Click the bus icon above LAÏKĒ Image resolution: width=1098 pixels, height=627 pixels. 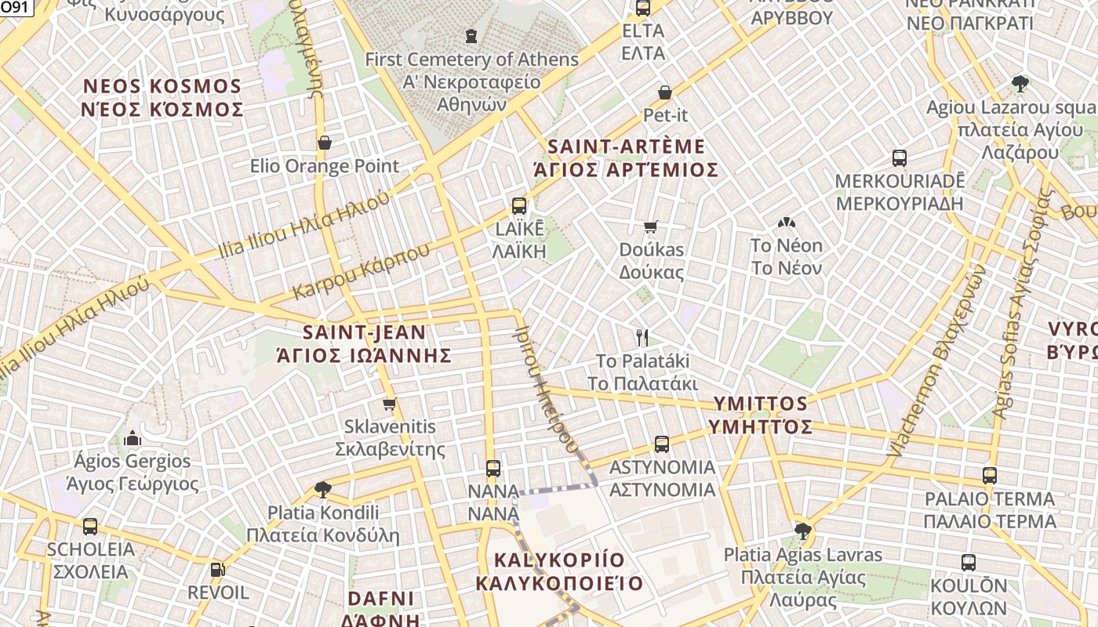(518, 206)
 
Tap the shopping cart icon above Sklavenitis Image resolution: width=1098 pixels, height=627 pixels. (389, 404)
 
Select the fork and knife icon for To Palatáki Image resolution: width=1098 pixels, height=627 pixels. (642, 338)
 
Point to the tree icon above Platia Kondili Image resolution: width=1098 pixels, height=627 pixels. (322, 490)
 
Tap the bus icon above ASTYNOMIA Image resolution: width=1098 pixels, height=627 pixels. (662, 444)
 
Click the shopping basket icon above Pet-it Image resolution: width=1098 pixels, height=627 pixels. (665, 92)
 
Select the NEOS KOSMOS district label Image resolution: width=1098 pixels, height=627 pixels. (162, 97)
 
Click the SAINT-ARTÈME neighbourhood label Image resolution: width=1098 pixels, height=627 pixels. (626, 158)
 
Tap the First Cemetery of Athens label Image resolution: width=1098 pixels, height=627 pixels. (471, 81)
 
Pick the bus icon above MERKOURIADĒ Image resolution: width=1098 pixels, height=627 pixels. (900, 158)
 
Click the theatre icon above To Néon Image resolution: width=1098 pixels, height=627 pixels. (786, 223)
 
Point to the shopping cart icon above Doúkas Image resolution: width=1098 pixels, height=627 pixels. (650, 227)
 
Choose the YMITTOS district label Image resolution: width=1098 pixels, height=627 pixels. (760, 415)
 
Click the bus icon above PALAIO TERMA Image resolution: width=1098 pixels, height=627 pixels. (990, 476)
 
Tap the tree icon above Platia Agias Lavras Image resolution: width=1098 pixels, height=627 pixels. (802, 531)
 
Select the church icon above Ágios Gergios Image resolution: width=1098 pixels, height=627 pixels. (132, 437)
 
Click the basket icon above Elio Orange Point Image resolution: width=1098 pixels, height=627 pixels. (324, 143)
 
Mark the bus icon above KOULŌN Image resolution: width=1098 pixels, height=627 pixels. (969, 562)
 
